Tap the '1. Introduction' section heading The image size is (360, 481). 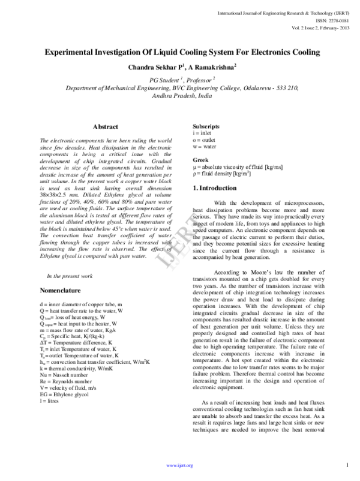point(219,189)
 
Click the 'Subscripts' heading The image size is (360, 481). point(206,126)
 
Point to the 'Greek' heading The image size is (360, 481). point(200,160)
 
